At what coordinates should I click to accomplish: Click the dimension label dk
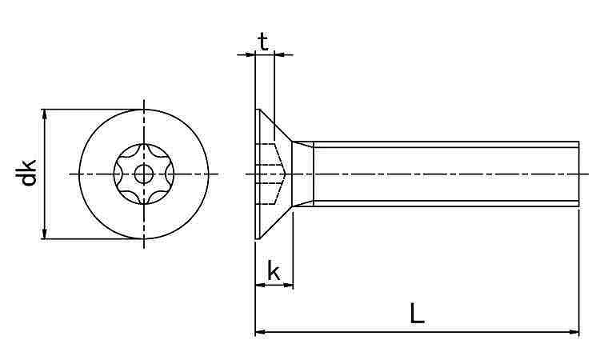29,173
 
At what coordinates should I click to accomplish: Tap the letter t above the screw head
263,42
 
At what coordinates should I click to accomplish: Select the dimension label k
274,270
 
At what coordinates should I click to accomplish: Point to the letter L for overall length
417,313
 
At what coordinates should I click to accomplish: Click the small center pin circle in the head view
144,175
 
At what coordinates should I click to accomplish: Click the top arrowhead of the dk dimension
45,114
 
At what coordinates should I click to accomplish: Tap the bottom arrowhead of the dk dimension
45,234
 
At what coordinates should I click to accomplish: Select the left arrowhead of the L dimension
261,332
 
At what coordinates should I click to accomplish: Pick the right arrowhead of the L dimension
574,332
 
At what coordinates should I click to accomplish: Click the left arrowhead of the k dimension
260,285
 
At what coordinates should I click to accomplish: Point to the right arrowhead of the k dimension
288,285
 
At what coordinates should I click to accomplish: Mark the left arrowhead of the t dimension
250,55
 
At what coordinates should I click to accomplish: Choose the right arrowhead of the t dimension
280,55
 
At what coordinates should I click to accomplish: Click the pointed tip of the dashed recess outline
285,174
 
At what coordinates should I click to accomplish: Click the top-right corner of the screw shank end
579,142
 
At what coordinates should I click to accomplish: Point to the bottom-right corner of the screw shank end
579,206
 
